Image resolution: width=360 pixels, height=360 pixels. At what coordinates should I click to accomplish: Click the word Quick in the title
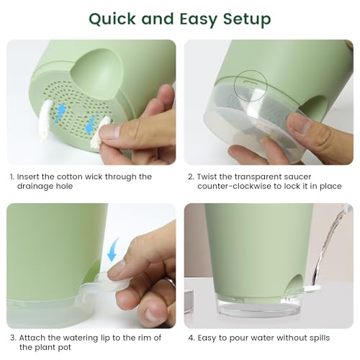tap(112, 19)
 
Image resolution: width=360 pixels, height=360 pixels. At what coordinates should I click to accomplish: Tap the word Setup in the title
tap(247, 19)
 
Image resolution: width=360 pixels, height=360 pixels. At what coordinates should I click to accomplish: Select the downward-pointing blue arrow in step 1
tap(91, 123)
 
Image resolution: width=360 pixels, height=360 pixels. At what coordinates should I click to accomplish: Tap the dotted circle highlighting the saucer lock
tap(251, 86)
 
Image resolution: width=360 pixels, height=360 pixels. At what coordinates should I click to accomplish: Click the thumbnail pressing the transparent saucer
tap(300, 123)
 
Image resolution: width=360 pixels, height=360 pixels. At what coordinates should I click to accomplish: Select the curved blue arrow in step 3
tap(113, 249)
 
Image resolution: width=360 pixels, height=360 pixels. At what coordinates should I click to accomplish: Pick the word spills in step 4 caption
tap(320, 338)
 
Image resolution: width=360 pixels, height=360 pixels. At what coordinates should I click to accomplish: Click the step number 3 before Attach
tap(13, 338)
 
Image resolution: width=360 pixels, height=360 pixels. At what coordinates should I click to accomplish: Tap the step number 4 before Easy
tap(192, 338)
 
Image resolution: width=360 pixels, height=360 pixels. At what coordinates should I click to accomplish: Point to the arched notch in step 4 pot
tap(296, 283)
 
